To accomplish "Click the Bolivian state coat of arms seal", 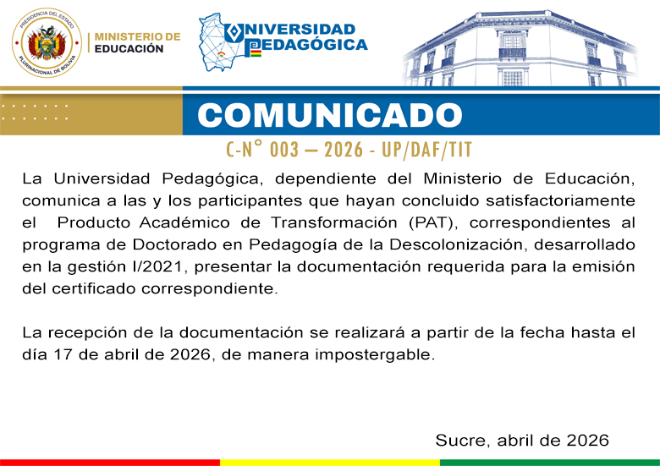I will click(x=46, y=42).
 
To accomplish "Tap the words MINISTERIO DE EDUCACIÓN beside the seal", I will click(x=136, y=43).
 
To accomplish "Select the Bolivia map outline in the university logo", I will click(x=222, y=42).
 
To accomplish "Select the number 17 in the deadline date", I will click(x=63, y=354).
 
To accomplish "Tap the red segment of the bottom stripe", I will click(x=110, y=463).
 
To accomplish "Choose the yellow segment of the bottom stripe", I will click(x=330, y=463).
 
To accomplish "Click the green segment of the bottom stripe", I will click(x=550, y=463).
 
